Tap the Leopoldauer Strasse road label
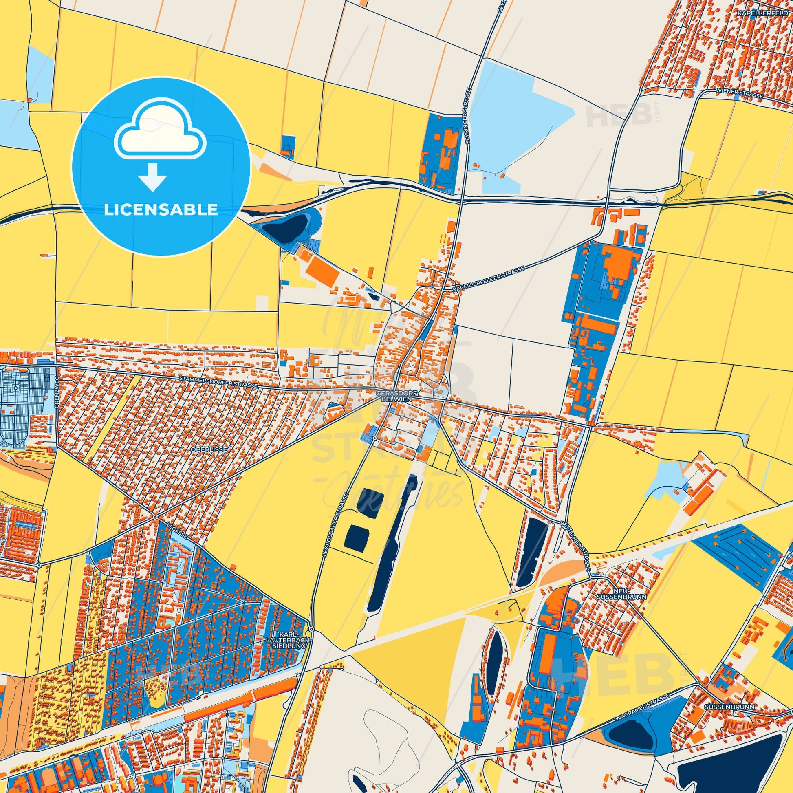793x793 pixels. click(336, 524)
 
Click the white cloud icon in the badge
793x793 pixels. click(161, 135)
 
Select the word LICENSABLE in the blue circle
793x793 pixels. click(161, 209)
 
